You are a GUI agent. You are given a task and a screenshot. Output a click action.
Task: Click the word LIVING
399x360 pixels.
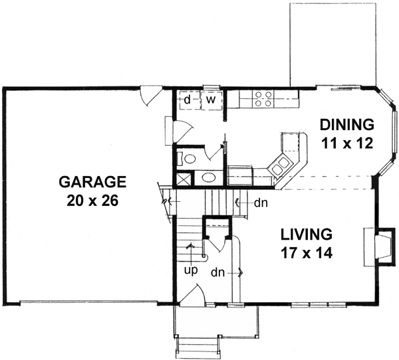(x=305, y=234)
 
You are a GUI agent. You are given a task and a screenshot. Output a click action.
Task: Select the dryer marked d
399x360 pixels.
(x=188, y=100)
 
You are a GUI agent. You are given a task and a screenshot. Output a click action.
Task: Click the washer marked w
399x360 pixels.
(x=210, y=100)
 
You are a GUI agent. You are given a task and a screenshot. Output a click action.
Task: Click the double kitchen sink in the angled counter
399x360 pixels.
(x=280, y=163)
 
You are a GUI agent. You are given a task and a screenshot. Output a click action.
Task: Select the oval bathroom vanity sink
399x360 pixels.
(x=209, y=178)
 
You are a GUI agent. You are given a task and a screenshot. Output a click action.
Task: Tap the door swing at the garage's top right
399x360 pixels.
(x=150, y=98)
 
